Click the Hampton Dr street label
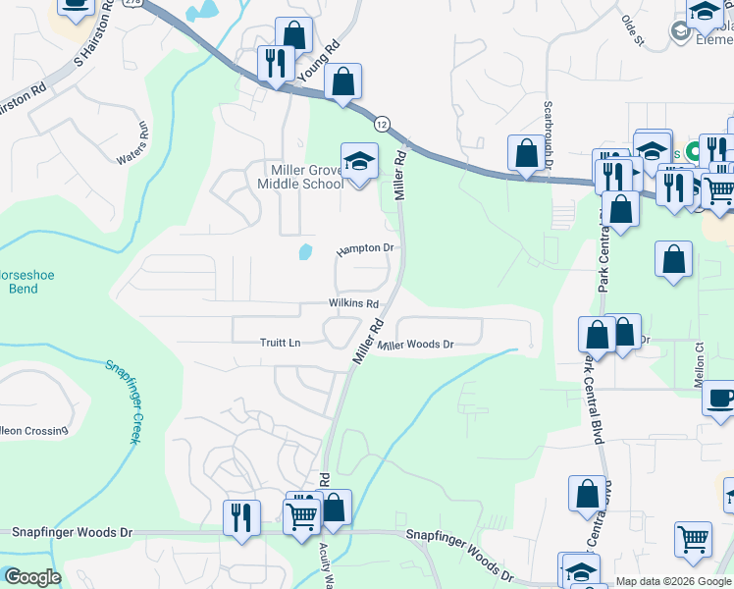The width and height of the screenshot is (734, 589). [x=365, y=249]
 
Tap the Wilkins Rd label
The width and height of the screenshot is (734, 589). [x=353, y=304]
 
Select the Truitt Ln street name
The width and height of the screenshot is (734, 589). [x=280, y=343]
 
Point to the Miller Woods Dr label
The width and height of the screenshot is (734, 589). [x=416, y=345]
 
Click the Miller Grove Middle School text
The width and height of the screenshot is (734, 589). [x=300, y=176]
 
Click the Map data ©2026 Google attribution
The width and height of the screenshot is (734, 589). [x=673, y=581]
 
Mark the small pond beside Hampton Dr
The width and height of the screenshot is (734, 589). [x=305, y=252]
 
